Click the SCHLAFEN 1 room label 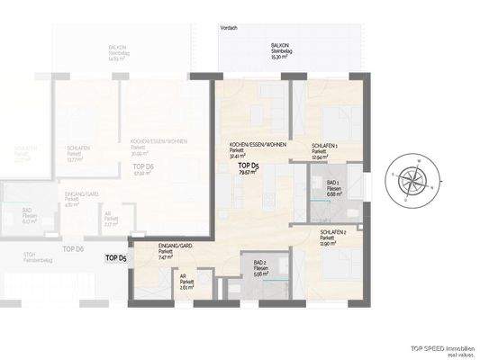tap(324, 145)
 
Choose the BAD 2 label tap(260, 261)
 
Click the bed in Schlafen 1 tap(335, 117)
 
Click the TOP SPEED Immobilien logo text tap(436, 346)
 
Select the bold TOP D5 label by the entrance tap(116, 257)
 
